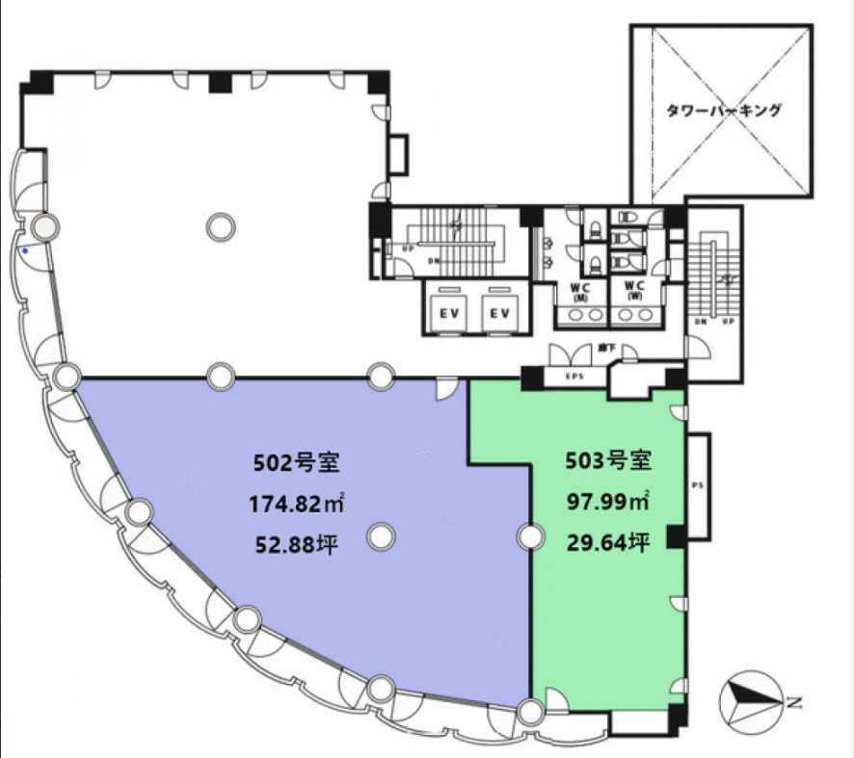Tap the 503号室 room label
607,460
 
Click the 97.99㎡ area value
607,501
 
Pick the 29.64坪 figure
606,542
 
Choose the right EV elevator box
498,313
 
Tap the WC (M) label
581,291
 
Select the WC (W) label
633,291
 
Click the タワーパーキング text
723,112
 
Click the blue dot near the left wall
25,251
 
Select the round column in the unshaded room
221,227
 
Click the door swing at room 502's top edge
447,387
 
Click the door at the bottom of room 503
556,701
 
